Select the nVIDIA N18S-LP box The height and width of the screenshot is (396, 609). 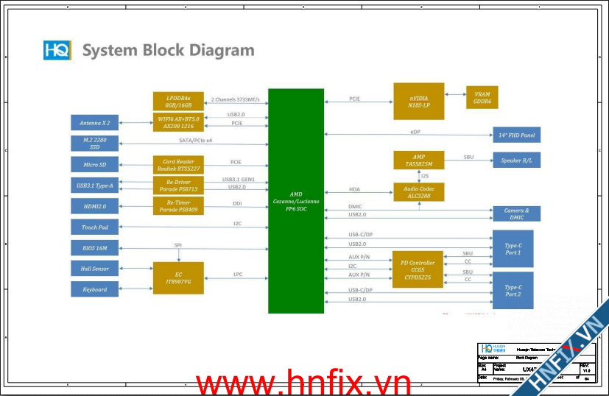click(x=419, y=102)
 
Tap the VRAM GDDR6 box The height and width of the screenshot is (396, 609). click(x=482, y=98)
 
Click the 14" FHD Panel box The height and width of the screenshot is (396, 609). click(x=516, y=135)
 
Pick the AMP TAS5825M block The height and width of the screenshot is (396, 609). click(x=419, y=161)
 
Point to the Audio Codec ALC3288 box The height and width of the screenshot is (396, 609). click(x=419, y=193)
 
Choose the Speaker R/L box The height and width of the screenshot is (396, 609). click(x=516, y=160)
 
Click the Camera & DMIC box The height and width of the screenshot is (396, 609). click(x=516, y=213)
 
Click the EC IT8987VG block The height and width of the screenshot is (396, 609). click(x=177, y=277)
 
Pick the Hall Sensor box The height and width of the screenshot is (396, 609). click(x=95, y=269)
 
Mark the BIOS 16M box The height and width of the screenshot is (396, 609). click(x=95, y=248)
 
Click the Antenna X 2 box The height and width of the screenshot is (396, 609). click(x=95, y=122)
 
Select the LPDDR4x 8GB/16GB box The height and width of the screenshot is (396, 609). click(x=177, y=101)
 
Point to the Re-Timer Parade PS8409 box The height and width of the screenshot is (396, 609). click(x=177, y=205)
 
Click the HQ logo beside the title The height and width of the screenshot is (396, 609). click(x=57, y=51)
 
